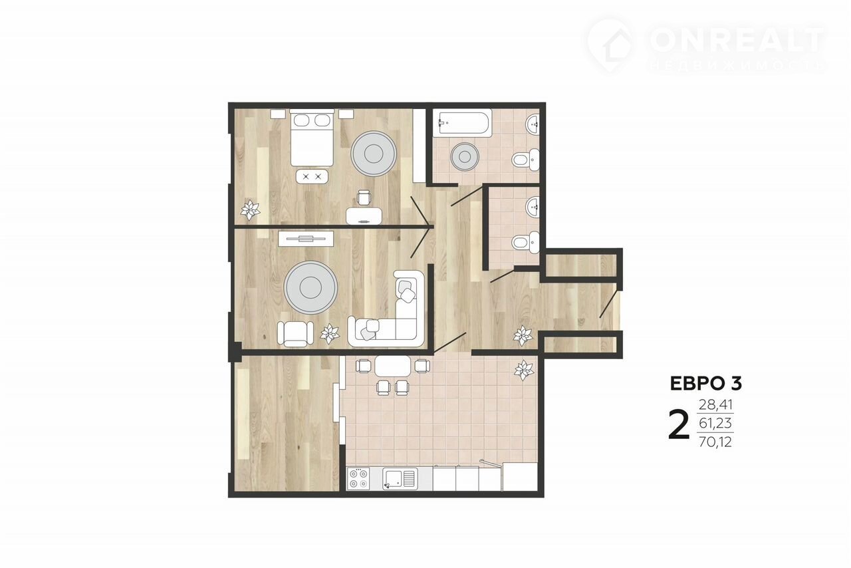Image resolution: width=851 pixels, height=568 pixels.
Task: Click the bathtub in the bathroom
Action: pos(462,122)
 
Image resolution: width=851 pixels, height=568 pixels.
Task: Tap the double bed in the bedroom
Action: pos(312,138)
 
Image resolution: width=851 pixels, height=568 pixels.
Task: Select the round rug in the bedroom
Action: pos(374,153)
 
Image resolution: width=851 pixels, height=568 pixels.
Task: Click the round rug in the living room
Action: pos(310,287)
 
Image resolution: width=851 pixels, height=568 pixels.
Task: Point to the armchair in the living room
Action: pos(295,334)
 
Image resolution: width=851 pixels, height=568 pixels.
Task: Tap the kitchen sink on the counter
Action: pos(400,478)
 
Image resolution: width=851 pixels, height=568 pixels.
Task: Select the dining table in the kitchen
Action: pos(392,366)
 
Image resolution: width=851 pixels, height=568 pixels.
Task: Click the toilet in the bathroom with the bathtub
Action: pos(525,160)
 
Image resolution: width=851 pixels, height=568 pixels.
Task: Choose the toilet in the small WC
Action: pos(525,242)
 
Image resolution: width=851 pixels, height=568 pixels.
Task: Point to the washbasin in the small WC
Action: pos(533,208)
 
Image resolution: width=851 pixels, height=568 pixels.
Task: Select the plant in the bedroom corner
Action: pos(251,210)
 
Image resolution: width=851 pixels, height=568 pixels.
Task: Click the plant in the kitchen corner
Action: pos(524,370)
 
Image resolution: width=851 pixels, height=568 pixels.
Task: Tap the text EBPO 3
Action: pos(705,384)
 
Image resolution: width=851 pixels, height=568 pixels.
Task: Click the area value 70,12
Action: pos(715,442)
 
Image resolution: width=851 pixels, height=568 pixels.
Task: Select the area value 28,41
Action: pos(715,405)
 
